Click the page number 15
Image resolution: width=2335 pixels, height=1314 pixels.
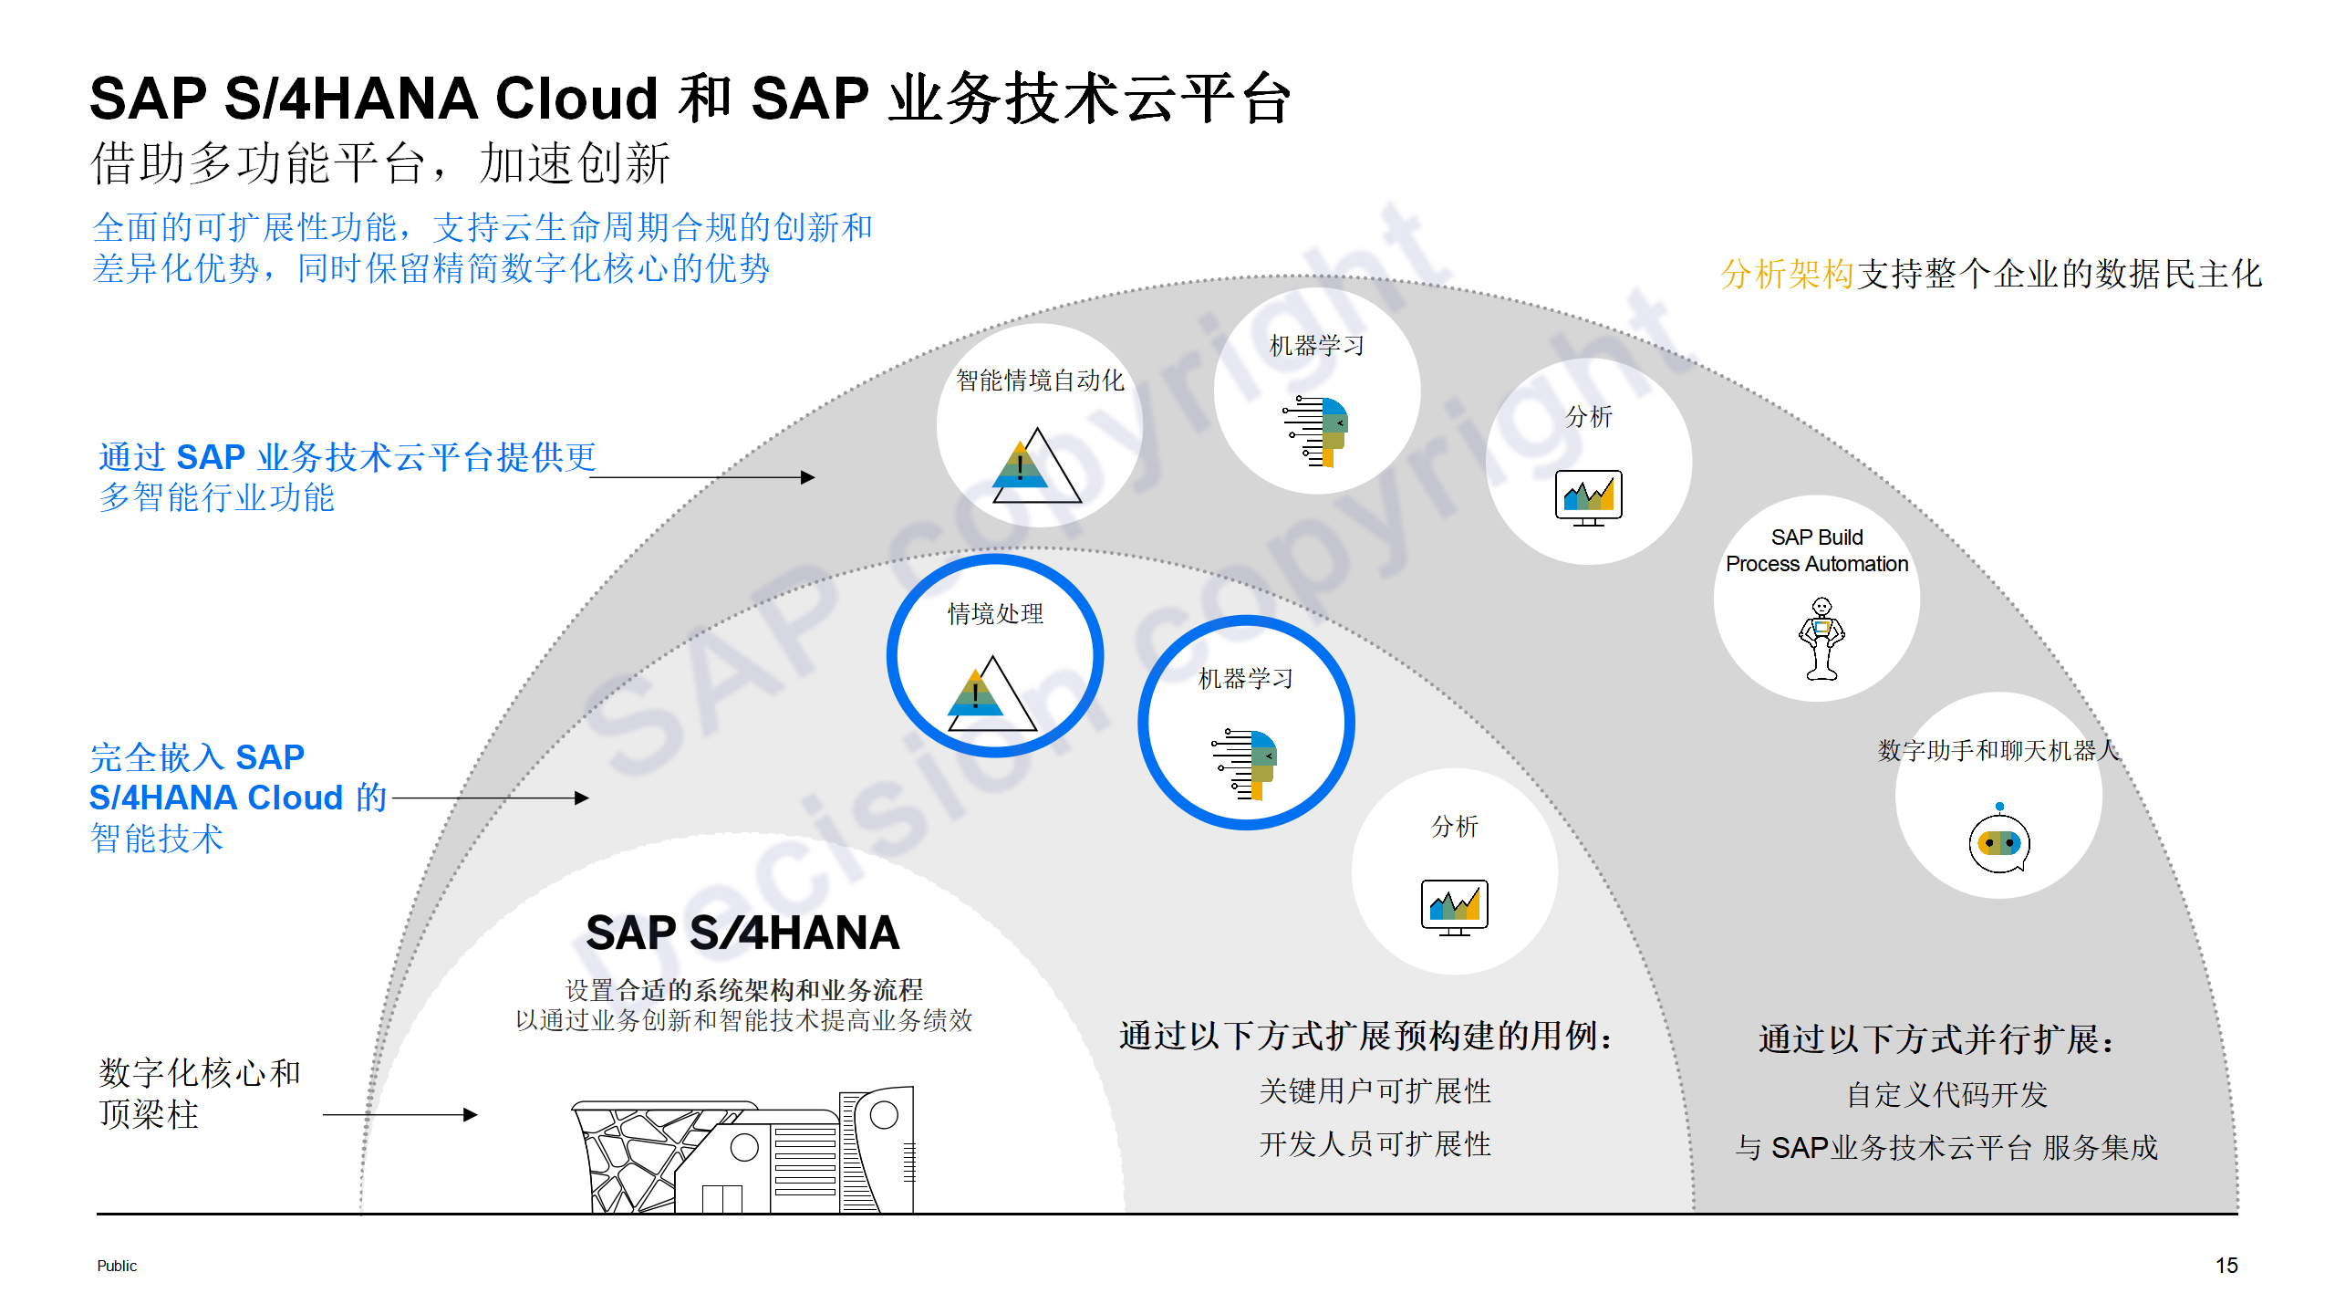tap(2226, 1266)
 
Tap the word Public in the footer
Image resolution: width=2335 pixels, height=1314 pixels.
tap(117, 1266)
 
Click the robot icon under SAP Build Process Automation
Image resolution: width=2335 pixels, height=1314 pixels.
tap(1821, 639)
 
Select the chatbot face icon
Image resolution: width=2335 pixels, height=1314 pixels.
tap(1999, 841)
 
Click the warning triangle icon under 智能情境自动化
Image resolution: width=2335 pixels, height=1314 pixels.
tap(1036, 467)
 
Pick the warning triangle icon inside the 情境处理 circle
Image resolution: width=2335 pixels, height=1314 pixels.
tap(991, 695)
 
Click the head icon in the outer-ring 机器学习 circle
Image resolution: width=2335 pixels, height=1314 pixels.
tap(1317, 432)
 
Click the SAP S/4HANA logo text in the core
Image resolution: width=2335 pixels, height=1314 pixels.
tap(742, 933)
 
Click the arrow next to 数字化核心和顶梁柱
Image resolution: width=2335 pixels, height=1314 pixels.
tap(400, 1114)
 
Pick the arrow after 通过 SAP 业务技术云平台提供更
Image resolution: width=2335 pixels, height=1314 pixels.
tap(702, 476)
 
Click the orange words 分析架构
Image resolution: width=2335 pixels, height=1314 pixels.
tap(1787, 274)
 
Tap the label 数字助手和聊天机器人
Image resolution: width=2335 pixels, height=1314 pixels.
tap(1998, 750)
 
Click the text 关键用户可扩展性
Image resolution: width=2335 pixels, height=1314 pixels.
tap(1375, 1090)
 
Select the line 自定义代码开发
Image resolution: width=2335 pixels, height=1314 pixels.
tap(1946, 1094)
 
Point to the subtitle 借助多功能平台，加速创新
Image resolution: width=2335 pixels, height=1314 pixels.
tap(381, 163)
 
